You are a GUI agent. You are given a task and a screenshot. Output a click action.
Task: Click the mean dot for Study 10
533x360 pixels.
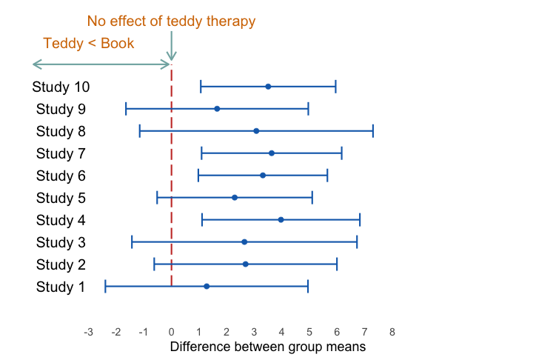[x=268, y=87]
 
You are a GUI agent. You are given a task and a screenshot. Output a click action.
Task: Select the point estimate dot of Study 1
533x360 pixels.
[x=207, y=286]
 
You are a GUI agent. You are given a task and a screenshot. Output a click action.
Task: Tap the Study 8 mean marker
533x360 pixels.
[x=256, y=131]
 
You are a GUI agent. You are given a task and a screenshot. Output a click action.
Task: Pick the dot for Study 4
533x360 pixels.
[x=281, y=220]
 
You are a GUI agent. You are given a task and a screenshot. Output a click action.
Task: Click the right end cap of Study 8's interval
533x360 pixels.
[x=373, y=131]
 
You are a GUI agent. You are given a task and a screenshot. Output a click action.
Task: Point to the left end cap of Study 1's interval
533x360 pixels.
[x=106, y=286]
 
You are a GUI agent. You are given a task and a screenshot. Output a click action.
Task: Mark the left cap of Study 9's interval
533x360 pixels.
[x=127, y=109]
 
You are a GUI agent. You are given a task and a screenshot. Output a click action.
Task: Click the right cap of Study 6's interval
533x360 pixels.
[x=327, y=176]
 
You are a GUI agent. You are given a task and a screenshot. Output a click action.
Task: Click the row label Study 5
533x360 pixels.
[x=61, y=198]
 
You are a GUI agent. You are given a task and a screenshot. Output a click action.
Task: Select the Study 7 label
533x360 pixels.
[x=61, y=153]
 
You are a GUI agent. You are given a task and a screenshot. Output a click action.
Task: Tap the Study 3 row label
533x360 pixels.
[x=61, y=242]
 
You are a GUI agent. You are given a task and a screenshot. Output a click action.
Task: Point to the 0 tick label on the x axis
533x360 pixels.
[x=171, y=332]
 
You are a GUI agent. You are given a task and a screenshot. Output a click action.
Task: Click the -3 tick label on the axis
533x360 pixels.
[x=88, y=332]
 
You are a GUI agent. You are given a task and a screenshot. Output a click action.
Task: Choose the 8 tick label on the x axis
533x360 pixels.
[x=392, y=332]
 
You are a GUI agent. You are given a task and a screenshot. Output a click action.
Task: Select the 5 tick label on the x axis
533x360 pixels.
[x=309, y=332]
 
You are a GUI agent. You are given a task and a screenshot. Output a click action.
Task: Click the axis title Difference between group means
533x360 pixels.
[x=268, y=346]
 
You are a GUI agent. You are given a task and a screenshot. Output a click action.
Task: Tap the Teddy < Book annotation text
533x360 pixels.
[x=89, y=43]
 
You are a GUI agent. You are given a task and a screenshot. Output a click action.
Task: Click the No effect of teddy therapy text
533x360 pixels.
[x=171, y=21]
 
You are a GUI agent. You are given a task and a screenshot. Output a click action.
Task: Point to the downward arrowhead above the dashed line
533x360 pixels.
[x=172, y=58]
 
